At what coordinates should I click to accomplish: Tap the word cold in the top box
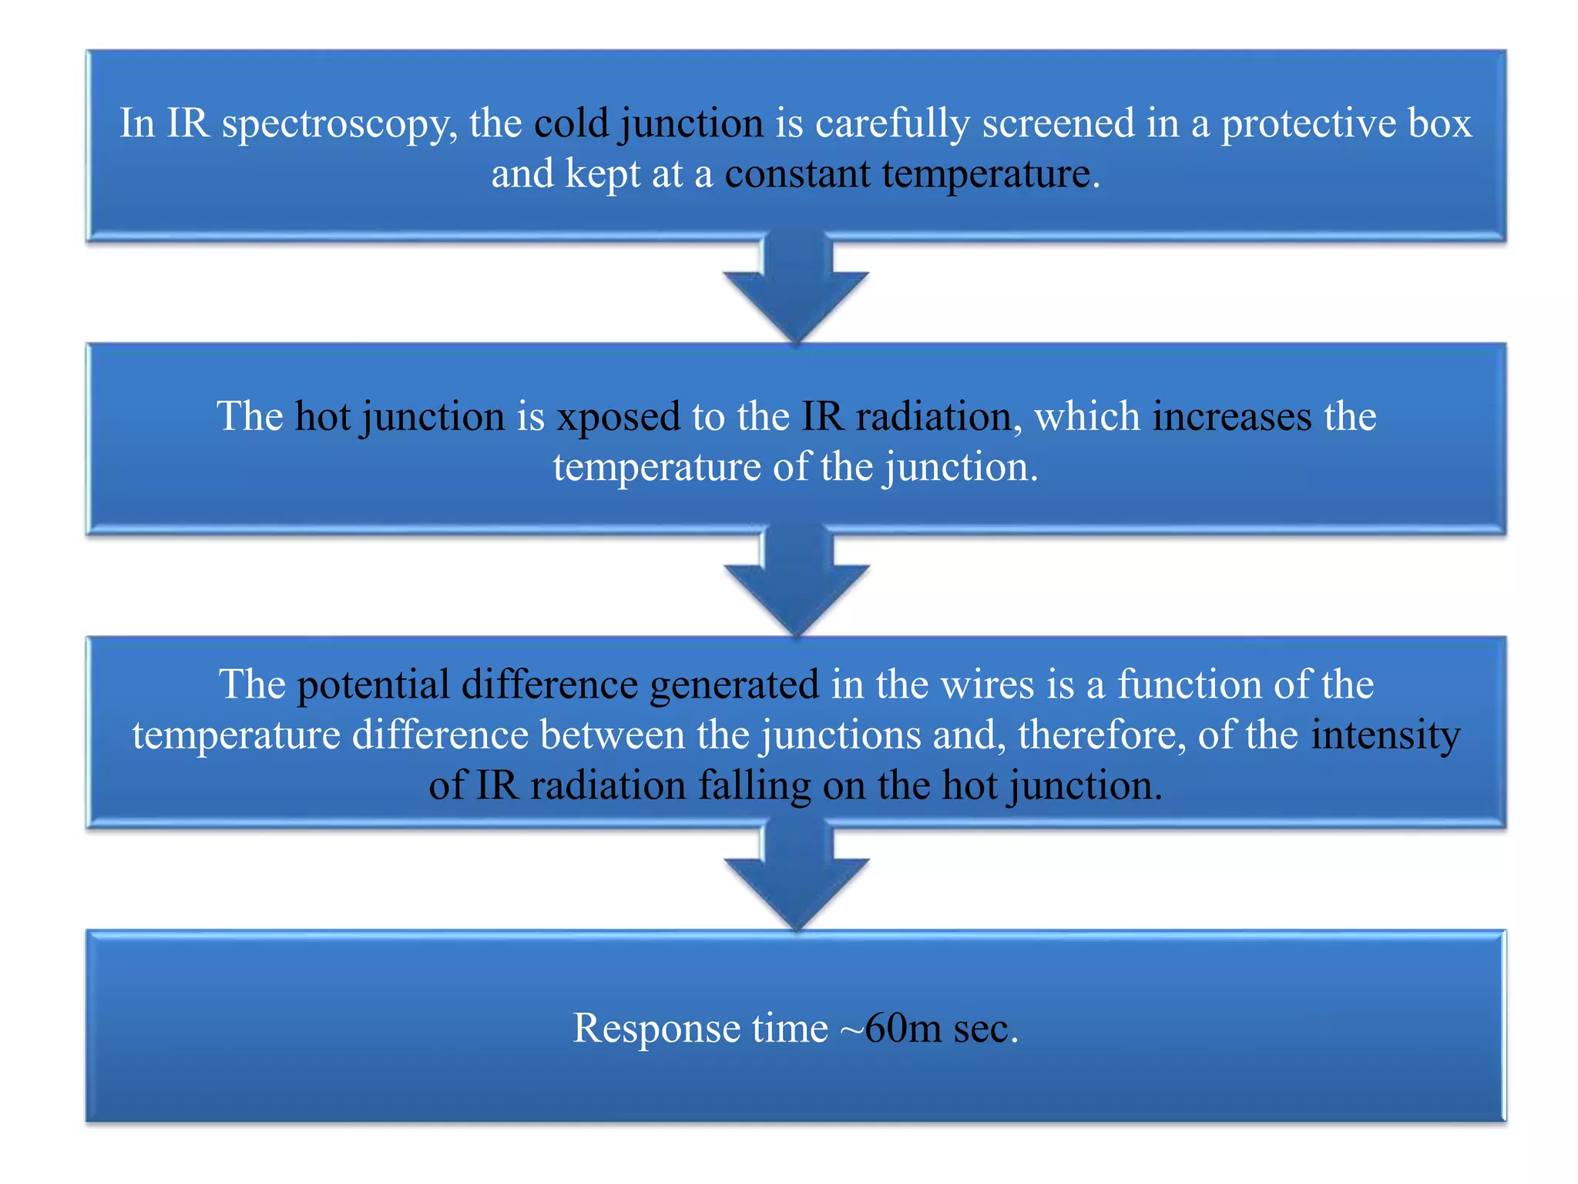(571, 123)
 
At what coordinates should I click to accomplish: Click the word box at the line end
(1440, 123)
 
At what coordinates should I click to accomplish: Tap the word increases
(1231, 417)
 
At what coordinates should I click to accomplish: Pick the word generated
(734, 684)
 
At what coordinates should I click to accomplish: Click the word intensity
(1385, 735)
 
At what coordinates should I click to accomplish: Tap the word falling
(754, 785)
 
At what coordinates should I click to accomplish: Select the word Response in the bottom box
(656, 1028)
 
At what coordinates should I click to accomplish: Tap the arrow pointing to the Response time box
(796, 878)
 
